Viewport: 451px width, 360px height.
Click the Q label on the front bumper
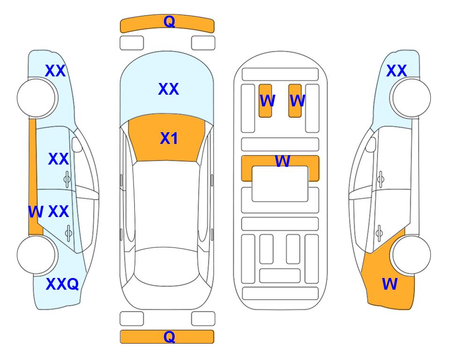169,22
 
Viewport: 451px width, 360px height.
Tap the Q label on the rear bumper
169,337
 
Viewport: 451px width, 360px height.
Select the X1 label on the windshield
169,138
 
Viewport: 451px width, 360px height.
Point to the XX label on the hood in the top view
169,89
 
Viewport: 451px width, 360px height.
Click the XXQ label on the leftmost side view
62,284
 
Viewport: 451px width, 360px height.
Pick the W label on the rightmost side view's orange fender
390,284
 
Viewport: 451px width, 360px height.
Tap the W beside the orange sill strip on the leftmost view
36,212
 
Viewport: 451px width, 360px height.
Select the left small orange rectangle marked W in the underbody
265,101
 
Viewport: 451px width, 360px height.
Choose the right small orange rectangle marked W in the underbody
295,101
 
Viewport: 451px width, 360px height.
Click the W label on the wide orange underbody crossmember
282,161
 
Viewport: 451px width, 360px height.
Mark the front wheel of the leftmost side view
37,98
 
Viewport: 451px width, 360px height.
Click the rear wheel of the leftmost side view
37,255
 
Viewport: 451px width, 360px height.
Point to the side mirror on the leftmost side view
77,145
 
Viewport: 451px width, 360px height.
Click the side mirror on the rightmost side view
370,145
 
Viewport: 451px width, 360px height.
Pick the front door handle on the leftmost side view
67,179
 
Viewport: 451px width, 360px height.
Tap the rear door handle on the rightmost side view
379,233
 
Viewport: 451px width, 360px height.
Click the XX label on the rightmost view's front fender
397,71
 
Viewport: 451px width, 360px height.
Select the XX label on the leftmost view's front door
59,159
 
